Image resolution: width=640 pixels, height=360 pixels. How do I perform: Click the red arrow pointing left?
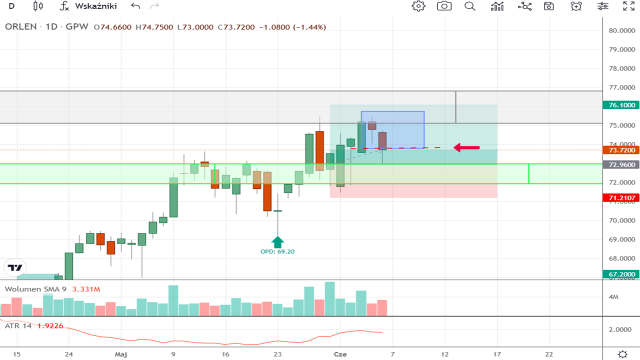pos(466,147)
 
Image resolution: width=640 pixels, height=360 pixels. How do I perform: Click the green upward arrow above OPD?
pos(277,242)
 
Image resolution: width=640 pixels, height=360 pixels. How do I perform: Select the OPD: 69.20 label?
pos(277,251)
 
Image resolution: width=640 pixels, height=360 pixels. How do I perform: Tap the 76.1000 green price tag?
pos(622,105)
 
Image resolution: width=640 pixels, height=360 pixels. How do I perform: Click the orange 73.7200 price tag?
pos(622,150)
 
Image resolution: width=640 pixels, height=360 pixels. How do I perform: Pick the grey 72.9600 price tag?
pos(622,164)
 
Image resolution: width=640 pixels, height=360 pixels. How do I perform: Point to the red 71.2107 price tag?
pos(622,198)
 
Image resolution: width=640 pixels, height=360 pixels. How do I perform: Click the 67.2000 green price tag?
pos(622,274)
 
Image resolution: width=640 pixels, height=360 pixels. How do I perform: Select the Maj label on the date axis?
pos(120,354)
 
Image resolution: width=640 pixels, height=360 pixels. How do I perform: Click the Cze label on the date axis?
pos(340,354)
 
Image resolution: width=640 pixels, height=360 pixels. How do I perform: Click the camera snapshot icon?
pos(444,6)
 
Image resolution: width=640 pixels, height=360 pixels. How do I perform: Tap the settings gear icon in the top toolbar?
pos(418,6)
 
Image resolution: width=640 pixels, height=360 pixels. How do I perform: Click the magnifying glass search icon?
pos(470,6)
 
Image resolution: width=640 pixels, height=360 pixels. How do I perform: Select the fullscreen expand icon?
pos(628,6)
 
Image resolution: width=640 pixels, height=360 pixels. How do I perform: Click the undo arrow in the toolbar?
pos(135,6)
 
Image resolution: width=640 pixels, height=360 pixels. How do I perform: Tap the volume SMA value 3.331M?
pos(86,289)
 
